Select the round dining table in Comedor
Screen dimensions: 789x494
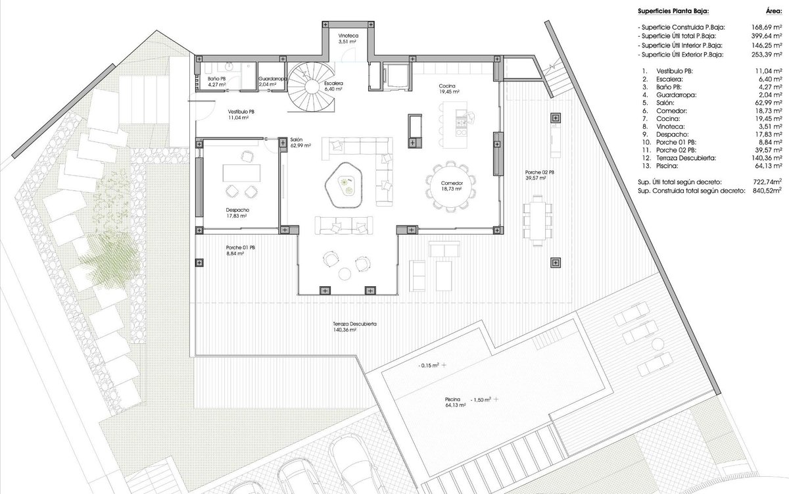tap(451, 186)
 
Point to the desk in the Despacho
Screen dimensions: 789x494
tap(241, 172)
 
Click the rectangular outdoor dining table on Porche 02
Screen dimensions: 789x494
tap(538, 220)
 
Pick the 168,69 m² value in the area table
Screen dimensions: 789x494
tap(767, 27)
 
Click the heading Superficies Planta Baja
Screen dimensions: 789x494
tap(673, 11)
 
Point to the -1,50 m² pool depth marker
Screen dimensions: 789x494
tap(481, 399)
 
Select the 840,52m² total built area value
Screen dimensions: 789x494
tap(767, 191)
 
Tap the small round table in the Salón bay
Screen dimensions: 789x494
tap(345, 274)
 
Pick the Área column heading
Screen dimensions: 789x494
tap(774, 11)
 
